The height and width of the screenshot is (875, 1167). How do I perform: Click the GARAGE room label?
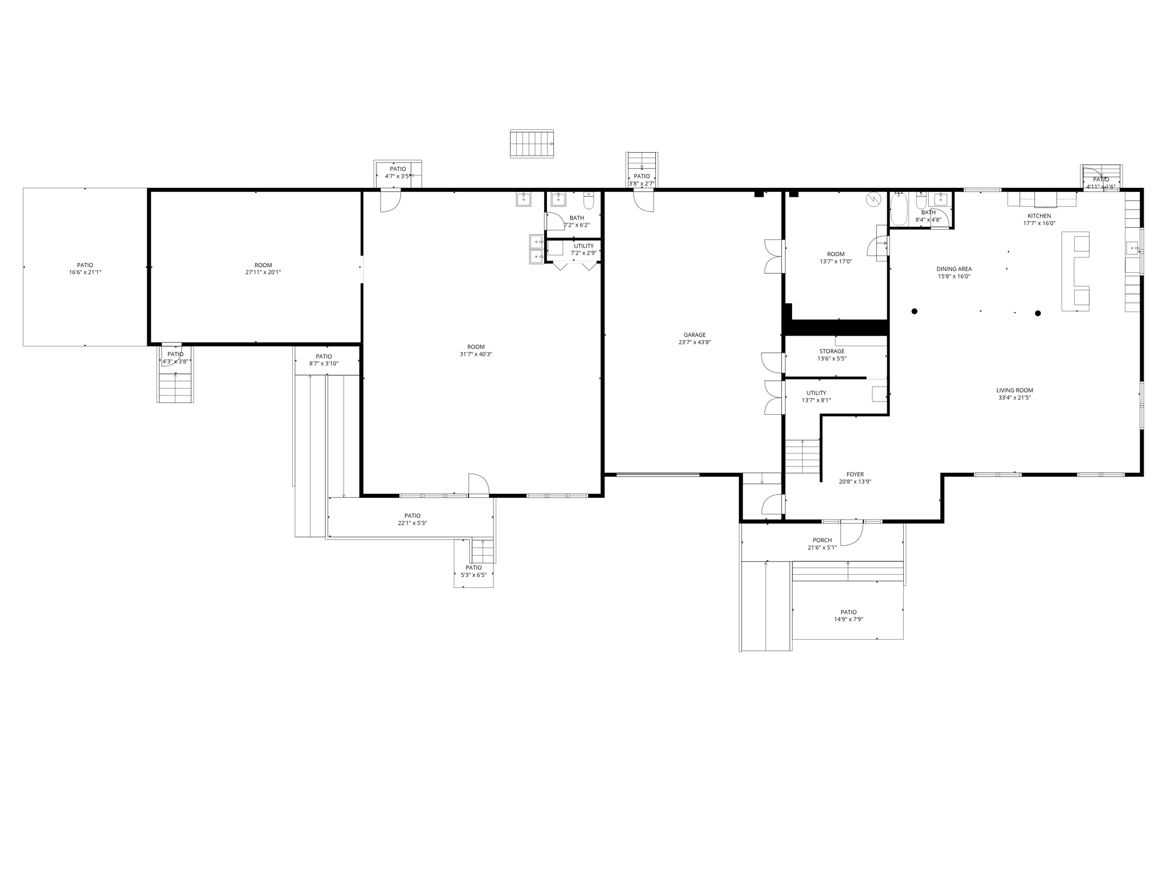695,335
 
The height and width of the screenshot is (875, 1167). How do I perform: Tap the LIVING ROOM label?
1014,390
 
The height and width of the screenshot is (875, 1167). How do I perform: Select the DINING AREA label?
954,269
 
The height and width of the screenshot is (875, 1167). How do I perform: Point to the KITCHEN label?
1039,216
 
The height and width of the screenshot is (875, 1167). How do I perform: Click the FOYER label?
855,474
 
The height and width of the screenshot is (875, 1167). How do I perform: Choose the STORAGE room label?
831,351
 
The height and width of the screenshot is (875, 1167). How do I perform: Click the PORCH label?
822,540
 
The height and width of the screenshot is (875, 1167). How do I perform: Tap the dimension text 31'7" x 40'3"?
476,354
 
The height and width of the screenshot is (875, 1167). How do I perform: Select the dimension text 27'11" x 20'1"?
263,272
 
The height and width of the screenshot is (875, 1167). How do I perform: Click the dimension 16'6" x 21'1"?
85,272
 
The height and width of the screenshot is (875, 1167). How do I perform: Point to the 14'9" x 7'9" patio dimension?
848,619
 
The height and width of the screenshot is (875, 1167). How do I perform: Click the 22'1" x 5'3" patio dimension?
412,523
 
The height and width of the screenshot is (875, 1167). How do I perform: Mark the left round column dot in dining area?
915,311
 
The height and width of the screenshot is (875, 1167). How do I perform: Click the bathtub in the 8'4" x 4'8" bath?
899,210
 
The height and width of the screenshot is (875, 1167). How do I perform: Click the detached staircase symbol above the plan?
532,144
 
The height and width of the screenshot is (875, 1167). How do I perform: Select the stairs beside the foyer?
802,456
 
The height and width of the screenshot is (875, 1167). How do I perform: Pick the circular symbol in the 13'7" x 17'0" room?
872,199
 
